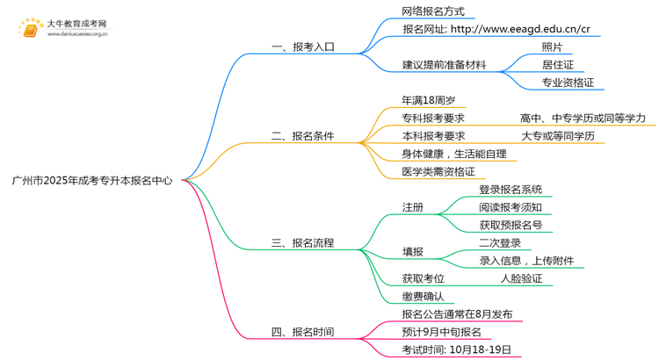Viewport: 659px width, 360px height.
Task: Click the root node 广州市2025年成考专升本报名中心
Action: pyautogui.click(x=92, y=180)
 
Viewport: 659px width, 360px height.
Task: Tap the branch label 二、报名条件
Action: pyautogui.click(x=302, y=136)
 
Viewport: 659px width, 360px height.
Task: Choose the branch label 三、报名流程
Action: pyautogui.click(x=302, y=242)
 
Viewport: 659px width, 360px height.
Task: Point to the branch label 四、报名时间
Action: pyautogui.click(x=302, y=332)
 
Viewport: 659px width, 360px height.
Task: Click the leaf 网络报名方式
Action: pyautogui.click(x=432, y=12)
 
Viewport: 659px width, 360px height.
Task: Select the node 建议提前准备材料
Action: pyautogui.click(x=444, y=65)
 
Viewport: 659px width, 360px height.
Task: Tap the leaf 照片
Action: pyautogui.click(x=553, y=47)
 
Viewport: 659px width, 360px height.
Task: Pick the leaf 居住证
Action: pyautogui.click(x=558, y=65)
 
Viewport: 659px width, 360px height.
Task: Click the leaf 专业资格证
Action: pyautogui.click(x=568, y=83)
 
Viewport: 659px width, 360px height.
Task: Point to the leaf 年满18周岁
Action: pyautogui.click(x=428, y=101)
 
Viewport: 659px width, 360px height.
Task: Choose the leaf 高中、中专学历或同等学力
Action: pyautogui.click(x=583, y=119)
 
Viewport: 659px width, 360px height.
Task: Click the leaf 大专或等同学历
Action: pyautogui.click(x=558, y=136)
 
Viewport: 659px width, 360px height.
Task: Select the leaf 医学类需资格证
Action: pyautogui.click(x=438, y=171)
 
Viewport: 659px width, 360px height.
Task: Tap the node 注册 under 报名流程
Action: pyautogui.click(x=412, y=207)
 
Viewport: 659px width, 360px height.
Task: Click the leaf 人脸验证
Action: pyautogui.click(x=521, y=278)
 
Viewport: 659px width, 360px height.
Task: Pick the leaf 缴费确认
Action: pyautogui.click(x=423, y=296)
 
